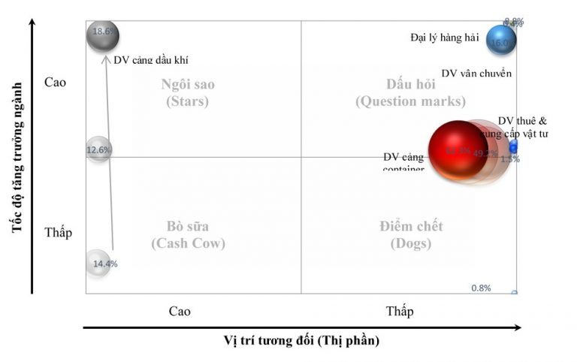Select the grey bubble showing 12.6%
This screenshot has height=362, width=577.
point(98,149)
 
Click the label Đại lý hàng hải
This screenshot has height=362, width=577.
point(444,36)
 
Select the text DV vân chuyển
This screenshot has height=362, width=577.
point(476,74)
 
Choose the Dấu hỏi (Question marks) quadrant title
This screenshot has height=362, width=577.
point(410,92)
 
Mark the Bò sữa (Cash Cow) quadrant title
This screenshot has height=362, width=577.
point(188,234)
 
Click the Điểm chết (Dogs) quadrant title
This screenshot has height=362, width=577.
point(411,234)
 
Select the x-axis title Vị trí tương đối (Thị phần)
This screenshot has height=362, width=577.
point(301,341)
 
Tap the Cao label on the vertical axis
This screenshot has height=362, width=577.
point(56,82)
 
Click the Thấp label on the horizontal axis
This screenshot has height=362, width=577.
point(399,311)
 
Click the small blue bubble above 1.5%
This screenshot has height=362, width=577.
point(514,146)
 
